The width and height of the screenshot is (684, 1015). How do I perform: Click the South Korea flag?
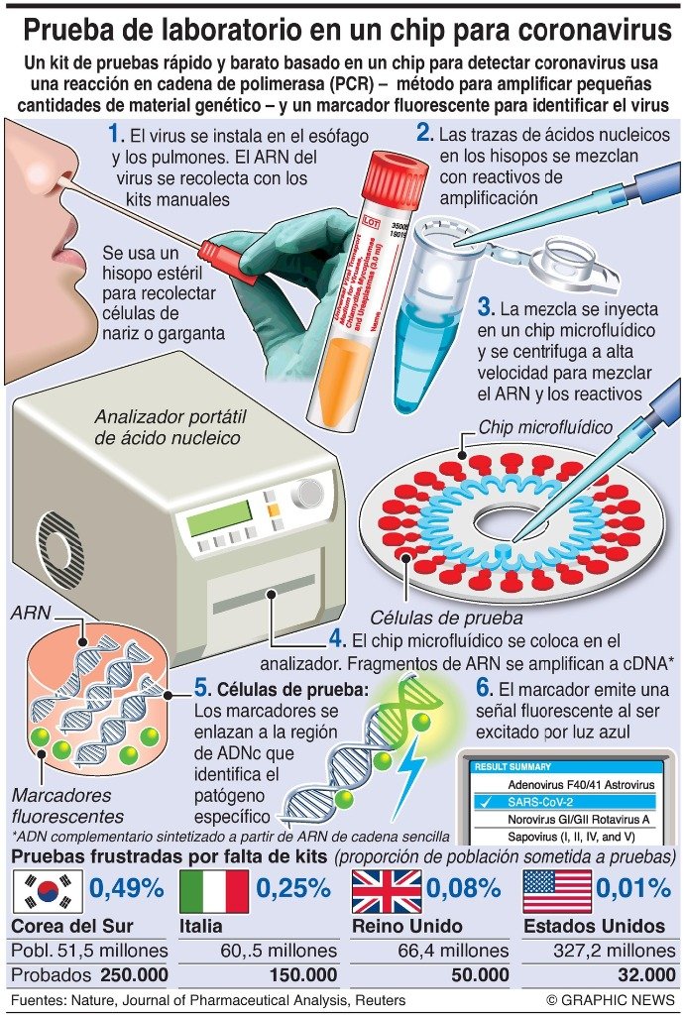(48, 891)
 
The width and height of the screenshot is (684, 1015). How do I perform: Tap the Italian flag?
(214, 891)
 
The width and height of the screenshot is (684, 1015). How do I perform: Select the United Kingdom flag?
(387, 891)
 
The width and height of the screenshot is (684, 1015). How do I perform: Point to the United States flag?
(557, 891)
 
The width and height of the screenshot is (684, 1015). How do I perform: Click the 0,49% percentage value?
(126, 889)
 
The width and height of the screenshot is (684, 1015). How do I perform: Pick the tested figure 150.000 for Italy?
(303, 975)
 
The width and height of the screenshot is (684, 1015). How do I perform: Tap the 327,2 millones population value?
(614, 951)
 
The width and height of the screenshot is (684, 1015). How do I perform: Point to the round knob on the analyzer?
(307, 494)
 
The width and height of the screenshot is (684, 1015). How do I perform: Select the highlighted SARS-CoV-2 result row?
(564, 802)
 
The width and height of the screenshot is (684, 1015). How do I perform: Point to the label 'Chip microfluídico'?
(545, 427)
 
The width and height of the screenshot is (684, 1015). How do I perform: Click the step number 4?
(337, 639)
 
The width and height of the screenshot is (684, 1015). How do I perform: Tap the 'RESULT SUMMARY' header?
(513, 766)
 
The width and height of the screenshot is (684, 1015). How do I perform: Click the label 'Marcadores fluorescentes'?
(67, 806)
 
